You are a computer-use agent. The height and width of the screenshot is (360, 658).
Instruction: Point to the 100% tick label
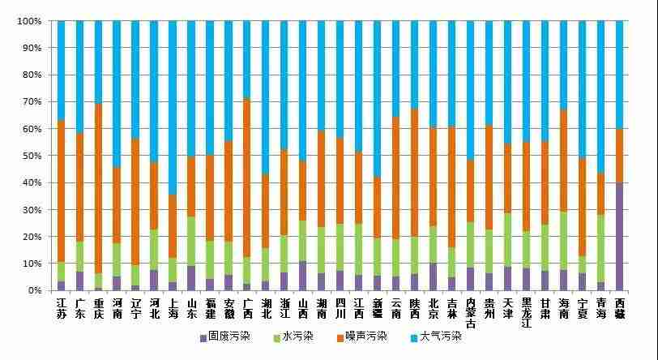(x=28, y=21)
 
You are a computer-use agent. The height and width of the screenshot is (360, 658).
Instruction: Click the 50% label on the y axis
(x=31, y=156)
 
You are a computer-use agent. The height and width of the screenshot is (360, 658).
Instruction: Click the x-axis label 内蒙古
(x=471, y=312)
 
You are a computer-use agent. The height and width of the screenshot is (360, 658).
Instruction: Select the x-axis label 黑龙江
(x=527, y=312)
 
